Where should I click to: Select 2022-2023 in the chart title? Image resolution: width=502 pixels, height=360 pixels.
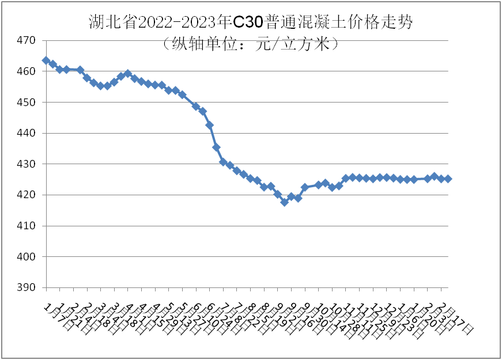coord(185,22)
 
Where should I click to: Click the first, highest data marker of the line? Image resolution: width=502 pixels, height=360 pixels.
coord(46,60)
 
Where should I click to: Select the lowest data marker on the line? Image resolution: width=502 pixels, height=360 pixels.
coord(284,202)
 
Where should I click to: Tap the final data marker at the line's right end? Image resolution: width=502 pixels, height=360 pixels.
coord(448,179)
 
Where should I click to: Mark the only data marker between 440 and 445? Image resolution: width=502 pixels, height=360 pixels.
coord(210,125)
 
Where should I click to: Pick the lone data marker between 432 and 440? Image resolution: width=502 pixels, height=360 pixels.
coord(216,147)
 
